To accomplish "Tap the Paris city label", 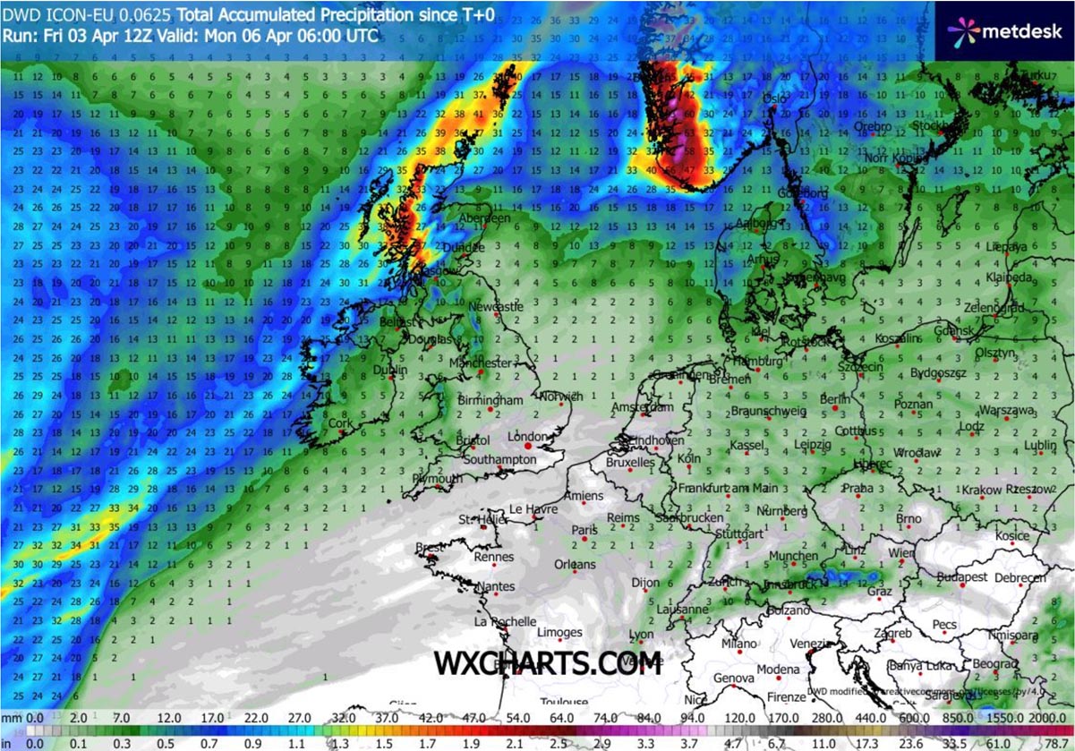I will point(584,530).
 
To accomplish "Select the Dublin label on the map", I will point(391,370).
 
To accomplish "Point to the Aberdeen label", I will point(483,218).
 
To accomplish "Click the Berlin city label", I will point(834,399).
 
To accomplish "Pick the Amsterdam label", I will point(642,407).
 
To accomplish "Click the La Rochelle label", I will point(506,621).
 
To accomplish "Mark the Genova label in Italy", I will point(733,678).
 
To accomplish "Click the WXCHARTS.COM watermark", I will point(548,663).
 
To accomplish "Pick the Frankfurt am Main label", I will point(728,488).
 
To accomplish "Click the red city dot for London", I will point(528,445).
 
